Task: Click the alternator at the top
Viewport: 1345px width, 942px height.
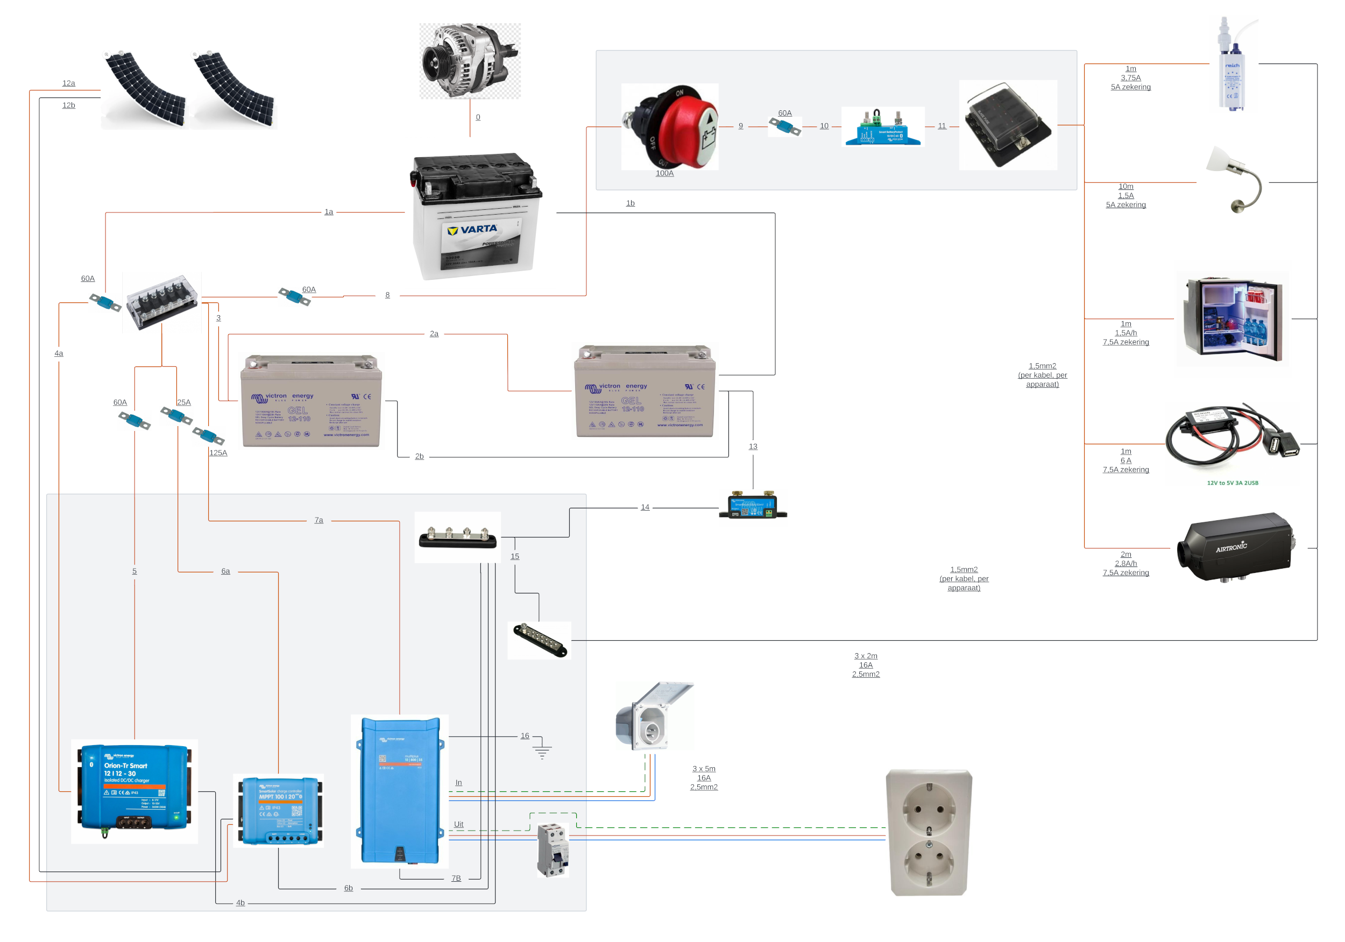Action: coord(469,61)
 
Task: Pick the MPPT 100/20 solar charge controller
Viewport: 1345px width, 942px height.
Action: coord(279,810)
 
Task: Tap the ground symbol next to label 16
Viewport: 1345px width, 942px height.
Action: coord(542,752)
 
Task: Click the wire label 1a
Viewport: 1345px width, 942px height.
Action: coord(329,212)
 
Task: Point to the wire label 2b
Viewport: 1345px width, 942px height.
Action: coord(420,456)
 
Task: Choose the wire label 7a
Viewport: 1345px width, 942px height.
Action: coord(318,520)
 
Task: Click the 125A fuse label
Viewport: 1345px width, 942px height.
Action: coord(218,453)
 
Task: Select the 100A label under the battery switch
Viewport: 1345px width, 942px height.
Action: coord(664,173)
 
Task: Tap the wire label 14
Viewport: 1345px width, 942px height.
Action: coord(645,507)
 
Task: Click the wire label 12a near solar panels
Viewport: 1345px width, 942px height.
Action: coord(68,83)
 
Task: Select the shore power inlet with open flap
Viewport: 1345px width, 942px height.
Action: coord(654,716)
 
